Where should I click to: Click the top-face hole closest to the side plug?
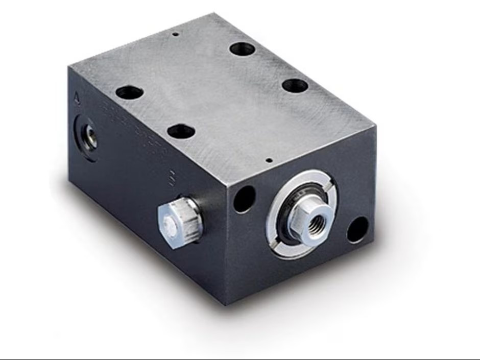(x=181, y=131)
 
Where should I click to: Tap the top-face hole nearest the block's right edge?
(x=295, y=85)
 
